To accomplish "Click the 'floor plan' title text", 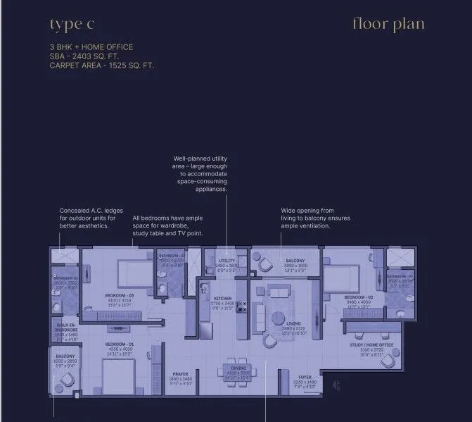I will [x=388, y=24].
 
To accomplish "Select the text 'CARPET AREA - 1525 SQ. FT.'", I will [x=101, y=65].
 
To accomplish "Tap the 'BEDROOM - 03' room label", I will [x=119, y=296].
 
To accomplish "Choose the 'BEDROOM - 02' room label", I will [x=358, y=298].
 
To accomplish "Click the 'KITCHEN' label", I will [x=222, y=299].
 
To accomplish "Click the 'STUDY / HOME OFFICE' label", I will [x=372, y=345].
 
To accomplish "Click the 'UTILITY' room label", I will [x=227, y=261].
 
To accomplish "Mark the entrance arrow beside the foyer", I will [x=337, y=386].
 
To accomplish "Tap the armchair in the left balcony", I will [x=67, y=379].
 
